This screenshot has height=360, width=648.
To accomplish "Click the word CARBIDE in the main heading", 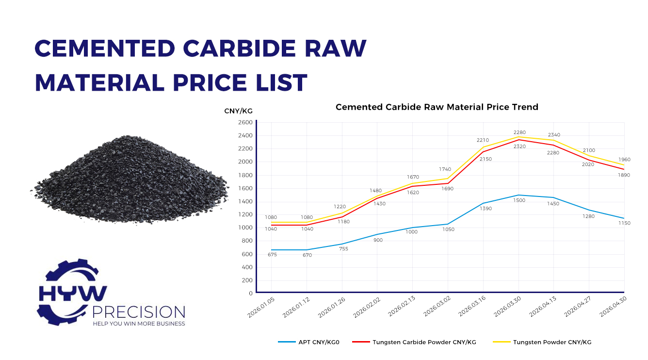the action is pyautogui.click(x=239, y=48).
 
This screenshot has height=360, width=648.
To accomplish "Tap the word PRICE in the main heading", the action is pyautogui.click(x=210, y=83).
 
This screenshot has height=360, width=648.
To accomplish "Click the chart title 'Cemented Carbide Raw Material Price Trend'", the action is pyautogui.click(x=437, y=107).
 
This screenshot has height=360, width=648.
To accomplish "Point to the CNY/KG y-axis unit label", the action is pyautogui.click(x=238, y=111).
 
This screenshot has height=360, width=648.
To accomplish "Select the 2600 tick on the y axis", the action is pyautogui.click(x=245, y=122).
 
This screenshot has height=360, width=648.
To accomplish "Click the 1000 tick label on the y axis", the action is pyautogui.click(x=245, y=228).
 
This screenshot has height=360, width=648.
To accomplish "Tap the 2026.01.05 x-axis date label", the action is pyautogui.click(x=261, y=307).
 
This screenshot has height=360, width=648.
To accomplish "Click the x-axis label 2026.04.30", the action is pyautogui.click(x=613, y=307).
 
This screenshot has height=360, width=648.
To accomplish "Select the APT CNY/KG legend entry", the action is pyautogui.click(x=308, y=342).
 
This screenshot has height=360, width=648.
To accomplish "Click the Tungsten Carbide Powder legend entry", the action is pyautogui.click(x=414, y=342).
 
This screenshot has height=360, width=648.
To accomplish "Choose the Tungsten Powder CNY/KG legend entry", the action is pyautogui.click(x=542, y=342).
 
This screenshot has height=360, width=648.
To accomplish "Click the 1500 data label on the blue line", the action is pyautogui.click(x=519, y=200).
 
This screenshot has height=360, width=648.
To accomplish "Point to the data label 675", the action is pyautogui.click(x=272, y=255).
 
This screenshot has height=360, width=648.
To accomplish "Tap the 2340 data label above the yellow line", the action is pyautogui.click(x=554, y=135).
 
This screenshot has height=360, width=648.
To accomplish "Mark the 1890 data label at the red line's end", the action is pyautogui.click(x=624, y=175).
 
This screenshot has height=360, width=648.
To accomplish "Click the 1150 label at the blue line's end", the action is pyautogui.click(x=624, y=223).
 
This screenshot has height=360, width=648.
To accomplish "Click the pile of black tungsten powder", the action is pyautogui.click(x=130, y=180).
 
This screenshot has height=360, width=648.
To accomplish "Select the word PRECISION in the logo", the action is pyautogui.click(x=139, y=312).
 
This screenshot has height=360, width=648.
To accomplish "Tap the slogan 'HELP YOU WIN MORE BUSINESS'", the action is pyautogui.click(x=139, y=324).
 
